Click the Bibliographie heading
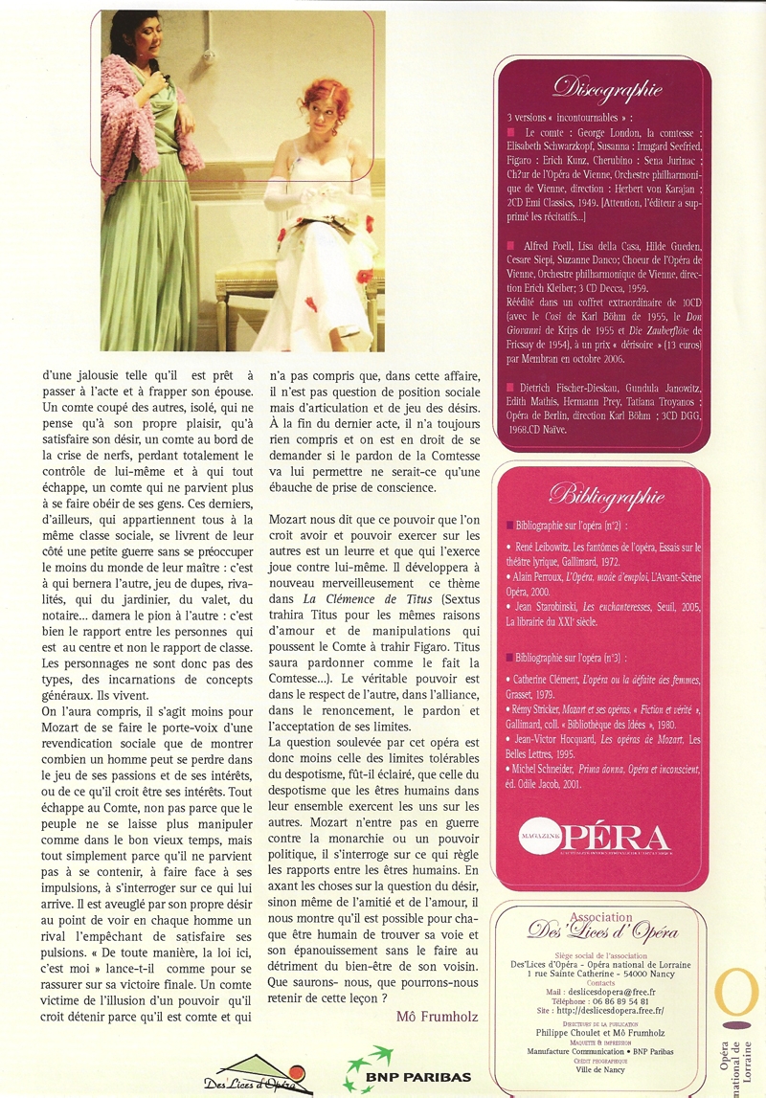pos(603,495)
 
